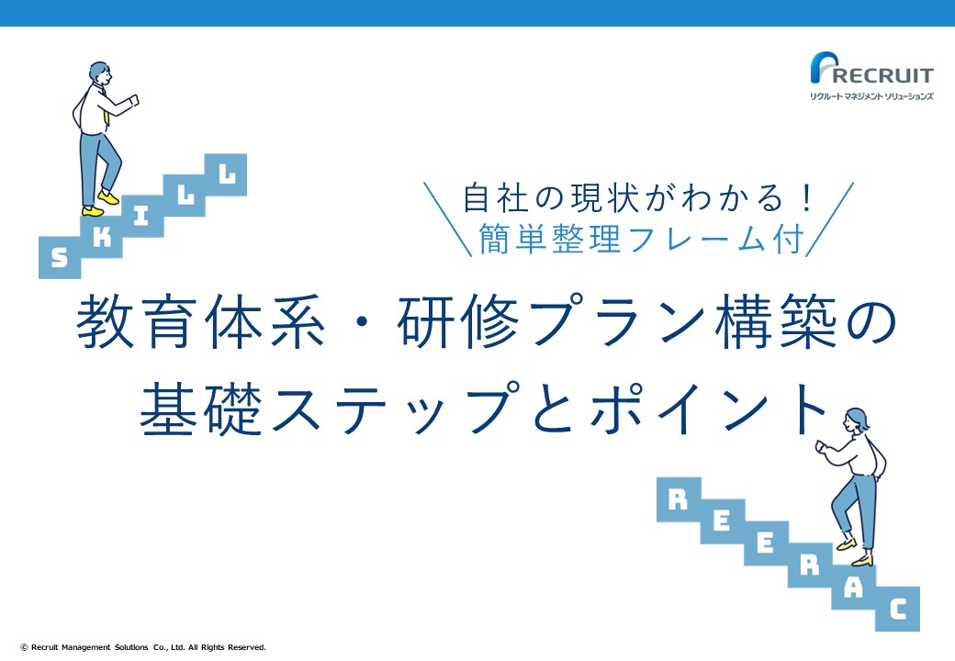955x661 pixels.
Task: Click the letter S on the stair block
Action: [59, 258]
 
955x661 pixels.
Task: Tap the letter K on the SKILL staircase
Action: [102, 238]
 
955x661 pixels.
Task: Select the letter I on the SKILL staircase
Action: [141, 216]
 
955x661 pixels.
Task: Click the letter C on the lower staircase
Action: [898, 610]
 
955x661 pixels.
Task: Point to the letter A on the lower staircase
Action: [854, 588]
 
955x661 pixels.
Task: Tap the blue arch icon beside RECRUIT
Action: [823, 67]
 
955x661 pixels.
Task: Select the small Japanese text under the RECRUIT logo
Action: [871, 96]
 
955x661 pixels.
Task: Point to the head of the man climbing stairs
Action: [100, 73]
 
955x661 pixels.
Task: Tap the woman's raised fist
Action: [820, 446]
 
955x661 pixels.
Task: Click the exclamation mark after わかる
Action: [807, 198]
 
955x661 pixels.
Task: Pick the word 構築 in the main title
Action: [776, 321]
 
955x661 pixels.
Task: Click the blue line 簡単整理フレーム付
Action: [641, 239]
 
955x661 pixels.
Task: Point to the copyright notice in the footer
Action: [143, 647]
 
